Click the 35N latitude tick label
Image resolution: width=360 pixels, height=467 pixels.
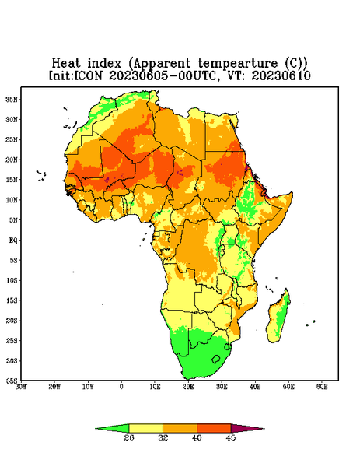(x=12, y=100)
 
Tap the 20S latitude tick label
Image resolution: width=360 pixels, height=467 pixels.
(x=12, y=321)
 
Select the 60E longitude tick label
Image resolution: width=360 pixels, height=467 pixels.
(x=322, y=387)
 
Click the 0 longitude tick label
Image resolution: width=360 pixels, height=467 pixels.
(x=121, y=387)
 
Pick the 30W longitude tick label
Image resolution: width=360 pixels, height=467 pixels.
(x=21, y=387)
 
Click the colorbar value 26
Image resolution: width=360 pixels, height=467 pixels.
(x=129, y=437)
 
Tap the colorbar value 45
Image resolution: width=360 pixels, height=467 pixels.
(x=231, y=437)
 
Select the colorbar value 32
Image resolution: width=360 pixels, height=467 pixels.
(x=163, y=437)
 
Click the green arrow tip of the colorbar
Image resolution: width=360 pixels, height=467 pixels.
(x=96, y=429)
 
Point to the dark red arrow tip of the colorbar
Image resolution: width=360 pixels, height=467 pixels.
(x=264, y=429)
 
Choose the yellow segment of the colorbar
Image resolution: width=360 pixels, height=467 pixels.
(x=145, y=428)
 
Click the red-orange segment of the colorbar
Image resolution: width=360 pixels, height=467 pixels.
(x=214, y=428)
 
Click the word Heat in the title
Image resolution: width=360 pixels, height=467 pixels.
(x=66, y=64)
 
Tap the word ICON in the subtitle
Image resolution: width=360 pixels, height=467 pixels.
(x=88, y=75)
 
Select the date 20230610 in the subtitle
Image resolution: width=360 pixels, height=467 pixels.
(x=281, y=75)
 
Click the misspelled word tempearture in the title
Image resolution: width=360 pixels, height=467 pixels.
(x=238, y=64)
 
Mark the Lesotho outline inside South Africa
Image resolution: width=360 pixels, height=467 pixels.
(x=216, y=359)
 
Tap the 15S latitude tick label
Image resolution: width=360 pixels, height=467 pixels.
(x=12, y=300)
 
